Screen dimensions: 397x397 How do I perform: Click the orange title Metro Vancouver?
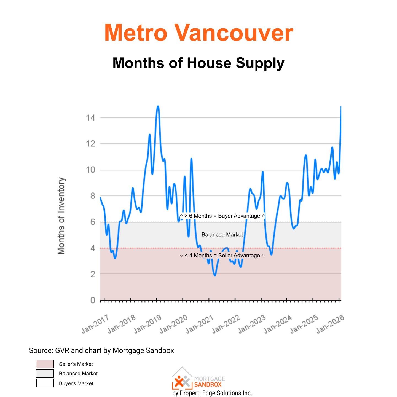(198, 33)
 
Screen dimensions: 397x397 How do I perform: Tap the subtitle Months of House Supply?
(198, 63)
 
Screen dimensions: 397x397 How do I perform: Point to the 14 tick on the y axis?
(90, 118)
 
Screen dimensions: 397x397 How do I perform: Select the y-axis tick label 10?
(90, 170)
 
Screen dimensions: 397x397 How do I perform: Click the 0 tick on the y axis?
(93, 300)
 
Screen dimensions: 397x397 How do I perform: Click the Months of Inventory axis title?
(61, 216)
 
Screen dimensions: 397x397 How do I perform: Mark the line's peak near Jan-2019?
(158, 106)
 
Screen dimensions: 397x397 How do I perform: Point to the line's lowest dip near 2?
(215, 275)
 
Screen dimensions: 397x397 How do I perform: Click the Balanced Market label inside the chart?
(222, 235)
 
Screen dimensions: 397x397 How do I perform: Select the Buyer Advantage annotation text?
(222, 216)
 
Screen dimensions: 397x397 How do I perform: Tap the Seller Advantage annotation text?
(222, 256)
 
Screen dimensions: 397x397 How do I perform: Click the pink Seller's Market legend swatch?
(45, 364)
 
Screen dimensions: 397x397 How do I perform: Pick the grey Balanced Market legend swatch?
(45, 374)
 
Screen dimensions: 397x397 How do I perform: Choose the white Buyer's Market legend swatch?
(45, 383)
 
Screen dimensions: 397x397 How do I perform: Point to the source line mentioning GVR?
(101, 350)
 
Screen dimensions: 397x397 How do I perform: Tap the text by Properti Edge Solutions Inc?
(212, 393)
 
